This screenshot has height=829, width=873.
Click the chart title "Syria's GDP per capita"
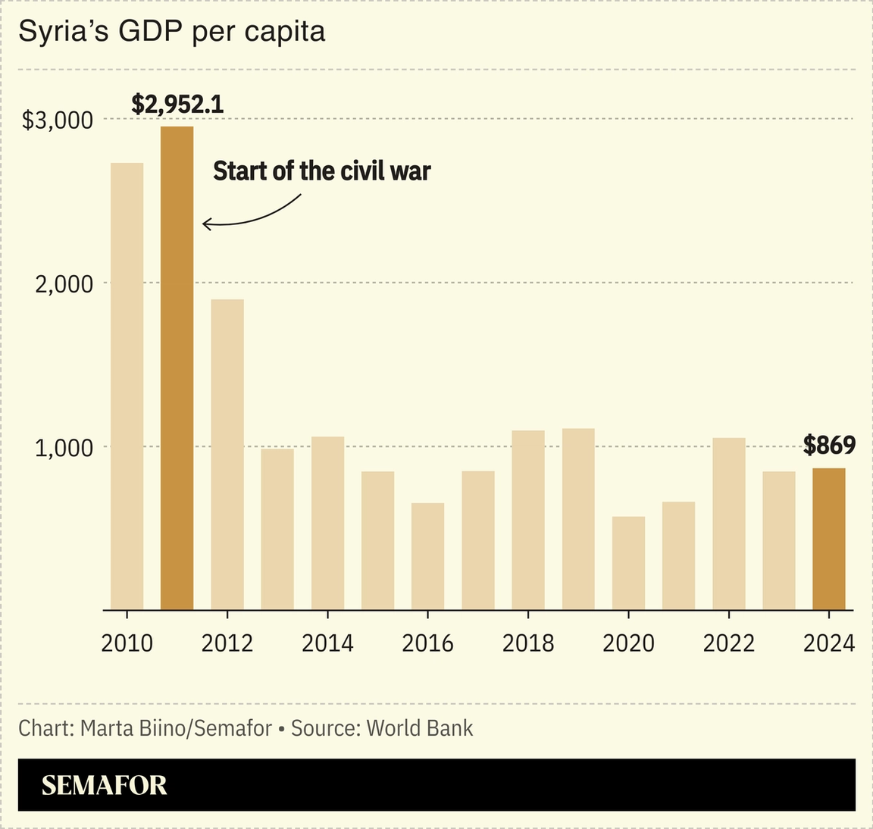(x=172, y=32)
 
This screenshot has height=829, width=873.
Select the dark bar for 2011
(x=177, y=368)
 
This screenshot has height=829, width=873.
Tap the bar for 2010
(x=127, y=386)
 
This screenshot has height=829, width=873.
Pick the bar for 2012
(x=227, y=455)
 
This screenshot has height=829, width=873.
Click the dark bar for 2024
(x=828, y=539)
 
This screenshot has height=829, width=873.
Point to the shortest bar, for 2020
(x=628, y=563)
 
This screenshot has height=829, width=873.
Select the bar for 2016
(x=427, y=556)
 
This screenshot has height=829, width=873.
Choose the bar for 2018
(x=528, y=520)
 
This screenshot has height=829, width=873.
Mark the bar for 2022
(x=728, y=524)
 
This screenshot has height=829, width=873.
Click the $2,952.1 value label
(x=177, y=104)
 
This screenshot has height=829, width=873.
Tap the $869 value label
(x=829, y=446)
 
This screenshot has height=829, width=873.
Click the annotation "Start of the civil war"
(x=321, y=171)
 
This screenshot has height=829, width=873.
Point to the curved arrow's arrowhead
(x=205, y=224)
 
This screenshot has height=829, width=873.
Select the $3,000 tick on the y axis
(x=58, y=120)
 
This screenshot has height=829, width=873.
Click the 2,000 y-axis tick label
(x=65, y=284)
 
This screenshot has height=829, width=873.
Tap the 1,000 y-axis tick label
(x=65, y=448)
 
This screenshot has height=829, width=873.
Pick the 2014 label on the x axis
(x=327, y=643)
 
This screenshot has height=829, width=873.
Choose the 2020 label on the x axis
(x=628, y=643)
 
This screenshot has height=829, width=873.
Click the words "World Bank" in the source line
(x=420, y=728)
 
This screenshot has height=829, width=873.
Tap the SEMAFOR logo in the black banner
(x=104, y=785)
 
